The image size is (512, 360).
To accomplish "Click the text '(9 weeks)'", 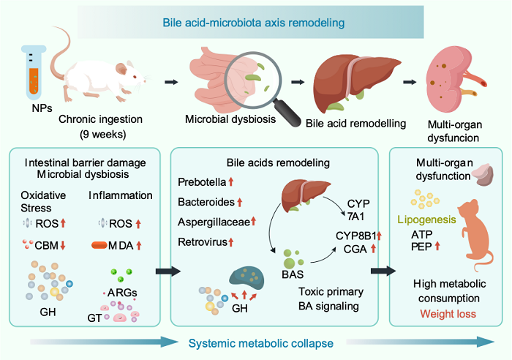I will pos(103,135).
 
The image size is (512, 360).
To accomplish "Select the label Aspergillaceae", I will pos(211,221).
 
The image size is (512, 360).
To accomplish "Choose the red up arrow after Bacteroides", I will pos(238,201).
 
